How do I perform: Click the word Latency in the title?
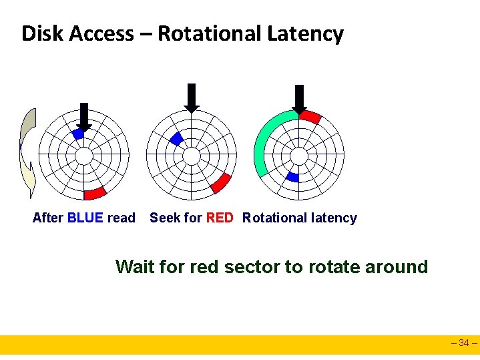pos(307,33)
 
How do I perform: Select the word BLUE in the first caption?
pos(85,218)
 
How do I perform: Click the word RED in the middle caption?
pos(220,218)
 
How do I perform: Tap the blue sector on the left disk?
pos(78,134)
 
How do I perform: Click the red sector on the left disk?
pos(95,194)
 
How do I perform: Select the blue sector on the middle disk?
pos(176,138)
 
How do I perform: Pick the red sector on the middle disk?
pos(220,182)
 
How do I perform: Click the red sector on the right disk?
pos(310,117)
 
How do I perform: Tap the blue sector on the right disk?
pos(292,177)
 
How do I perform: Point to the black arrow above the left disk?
pos(83,116)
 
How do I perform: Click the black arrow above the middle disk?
pos(192,98)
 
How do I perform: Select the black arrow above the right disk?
pos(299,99)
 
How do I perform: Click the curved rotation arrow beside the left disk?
pos(27,154)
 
